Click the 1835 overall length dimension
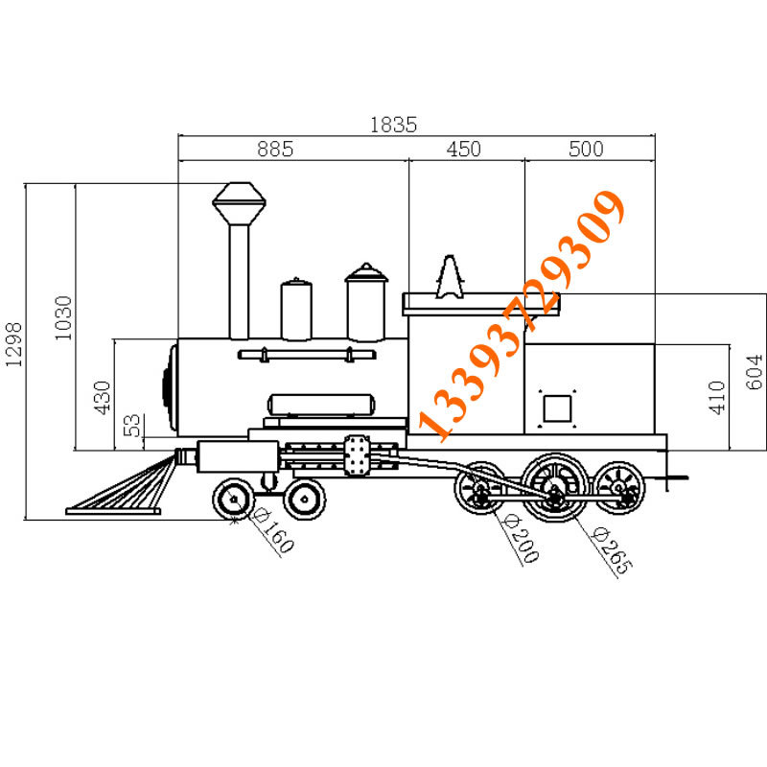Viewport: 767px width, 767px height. [394, 124]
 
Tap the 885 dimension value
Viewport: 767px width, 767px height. [274, 149]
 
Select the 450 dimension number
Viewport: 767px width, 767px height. [464, 149]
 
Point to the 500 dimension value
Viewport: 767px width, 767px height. [586, 149]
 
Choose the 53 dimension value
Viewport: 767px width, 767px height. [134, 425]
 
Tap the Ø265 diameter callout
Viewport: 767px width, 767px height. [612, 551]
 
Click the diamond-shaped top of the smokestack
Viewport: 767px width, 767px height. [239, 202]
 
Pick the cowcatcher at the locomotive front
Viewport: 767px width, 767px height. [121, 487]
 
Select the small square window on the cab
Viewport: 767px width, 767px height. [557, 409]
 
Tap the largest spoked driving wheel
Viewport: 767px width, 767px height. [554, 485]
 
